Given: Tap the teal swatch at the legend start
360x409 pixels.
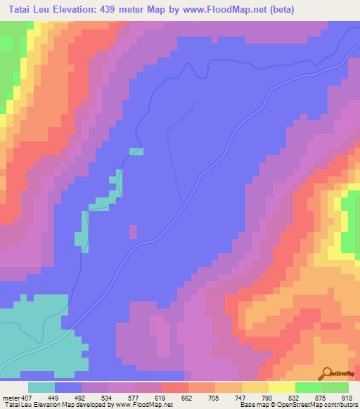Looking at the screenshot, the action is [x=41, y=387].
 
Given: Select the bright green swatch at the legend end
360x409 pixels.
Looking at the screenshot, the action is [x=335, y=387].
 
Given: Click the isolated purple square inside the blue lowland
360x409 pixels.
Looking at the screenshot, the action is [x=132, y=231].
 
